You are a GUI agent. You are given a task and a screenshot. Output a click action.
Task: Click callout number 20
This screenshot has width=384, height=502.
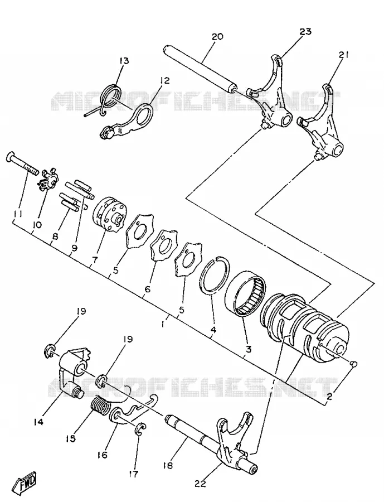(217, 37)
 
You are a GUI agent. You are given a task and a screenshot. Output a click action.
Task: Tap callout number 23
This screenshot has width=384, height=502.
(305, 32)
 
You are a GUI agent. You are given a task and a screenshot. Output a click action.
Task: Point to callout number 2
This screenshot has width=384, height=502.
(329, 397)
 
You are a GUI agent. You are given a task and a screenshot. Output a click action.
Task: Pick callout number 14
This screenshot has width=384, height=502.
(38, 423)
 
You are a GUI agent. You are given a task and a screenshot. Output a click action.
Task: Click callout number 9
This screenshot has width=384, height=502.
(75, 248)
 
